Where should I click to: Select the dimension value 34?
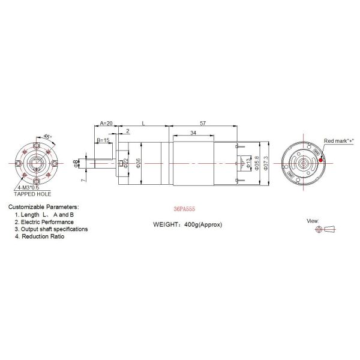tap(192, 133)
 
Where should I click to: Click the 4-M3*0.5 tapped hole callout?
tap(37, 188)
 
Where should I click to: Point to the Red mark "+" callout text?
tap(339, 140)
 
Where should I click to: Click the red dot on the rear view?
tap(322, 160)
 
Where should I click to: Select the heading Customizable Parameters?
tap(43, 207)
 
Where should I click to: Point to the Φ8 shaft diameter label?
tap(76, 163)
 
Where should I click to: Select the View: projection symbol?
tap(329, 229)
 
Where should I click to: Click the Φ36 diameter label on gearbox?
tap(139, 163)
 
